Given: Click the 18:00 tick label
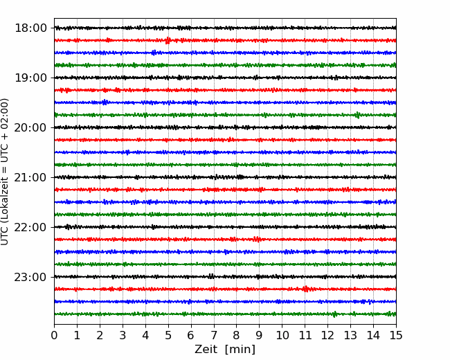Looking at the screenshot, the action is click(x=30, y=28).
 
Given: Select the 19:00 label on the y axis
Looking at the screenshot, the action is click(x=30, y=78).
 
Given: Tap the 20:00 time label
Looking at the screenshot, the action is click(x=30, y=127).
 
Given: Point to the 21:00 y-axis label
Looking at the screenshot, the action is click(x=30, y=177).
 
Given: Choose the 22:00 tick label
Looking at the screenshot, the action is click(x=30, y=227).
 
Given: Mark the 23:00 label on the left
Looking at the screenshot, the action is click(x=30, y=277).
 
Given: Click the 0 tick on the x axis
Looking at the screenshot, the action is click(x=54, y=335).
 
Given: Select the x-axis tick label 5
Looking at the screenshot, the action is click(x=168, y=335).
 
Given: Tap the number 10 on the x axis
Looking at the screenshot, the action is click(x=282, y=335).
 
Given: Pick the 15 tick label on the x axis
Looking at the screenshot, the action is click(x=396, y=335).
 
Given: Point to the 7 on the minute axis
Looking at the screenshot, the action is click(x=214, y=335).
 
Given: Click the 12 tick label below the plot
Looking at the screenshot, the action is click(x=327, y=335).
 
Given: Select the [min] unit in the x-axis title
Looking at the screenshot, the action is click(x=240, y=350).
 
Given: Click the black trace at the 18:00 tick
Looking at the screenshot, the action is click(x=225, y=28).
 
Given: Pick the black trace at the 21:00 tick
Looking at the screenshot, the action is click(x=225, y=177).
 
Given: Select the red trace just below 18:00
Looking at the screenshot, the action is click(x=225, y=40).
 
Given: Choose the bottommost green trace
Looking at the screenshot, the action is click(x=225, y=314).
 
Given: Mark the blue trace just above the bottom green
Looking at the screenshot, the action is click(x=225, y=301).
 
